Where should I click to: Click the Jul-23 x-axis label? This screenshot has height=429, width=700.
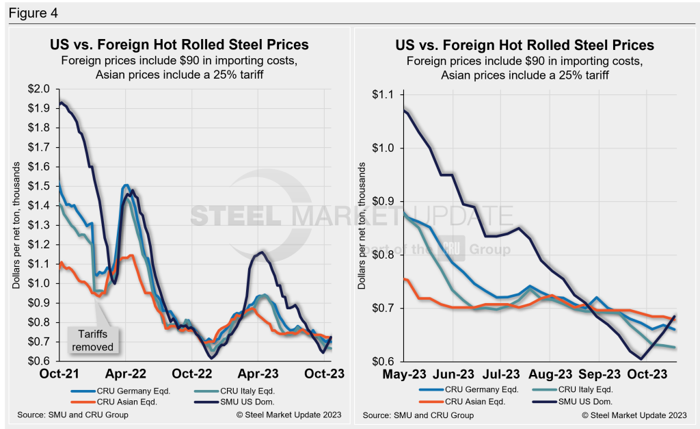502,374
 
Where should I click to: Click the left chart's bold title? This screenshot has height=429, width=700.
179,45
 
